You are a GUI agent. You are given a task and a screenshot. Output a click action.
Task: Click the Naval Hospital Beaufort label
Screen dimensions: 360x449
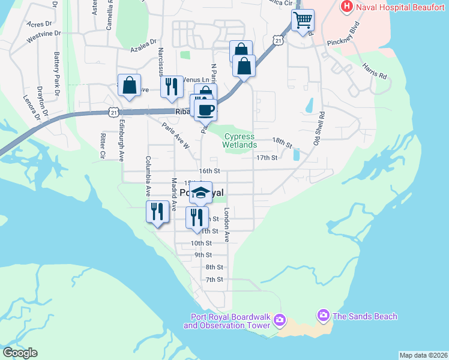click(401, 7)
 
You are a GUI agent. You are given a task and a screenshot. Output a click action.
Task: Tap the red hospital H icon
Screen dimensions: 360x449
click(346, 7)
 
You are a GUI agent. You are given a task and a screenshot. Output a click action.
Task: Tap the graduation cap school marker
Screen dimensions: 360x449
click(201, 193)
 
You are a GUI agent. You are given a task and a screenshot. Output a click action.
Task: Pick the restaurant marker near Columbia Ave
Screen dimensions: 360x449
click(157, 212)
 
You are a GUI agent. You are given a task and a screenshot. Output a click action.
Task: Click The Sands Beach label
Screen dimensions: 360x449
click(364, 316)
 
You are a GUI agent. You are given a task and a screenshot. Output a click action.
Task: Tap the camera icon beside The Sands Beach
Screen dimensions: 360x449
click(324, 316)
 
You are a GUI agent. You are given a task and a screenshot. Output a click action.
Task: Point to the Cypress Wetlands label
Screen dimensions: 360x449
click(240, 140)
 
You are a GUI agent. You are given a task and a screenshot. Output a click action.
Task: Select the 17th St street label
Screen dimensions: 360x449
click(266, 158)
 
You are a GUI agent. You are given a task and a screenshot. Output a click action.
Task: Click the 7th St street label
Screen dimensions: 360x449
click(214, 280)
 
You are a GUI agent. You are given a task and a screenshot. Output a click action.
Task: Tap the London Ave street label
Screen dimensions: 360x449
click(227, 225)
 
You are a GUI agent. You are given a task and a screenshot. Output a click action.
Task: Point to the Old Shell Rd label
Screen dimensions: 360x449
click(318, 128)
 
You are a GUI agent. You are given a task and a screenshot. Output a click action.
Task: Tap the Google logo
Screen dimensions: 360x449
click(20, 353)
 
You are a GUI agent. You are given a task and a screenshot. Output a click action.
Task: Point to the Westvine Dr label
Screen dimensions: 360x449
click(44, 37)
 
